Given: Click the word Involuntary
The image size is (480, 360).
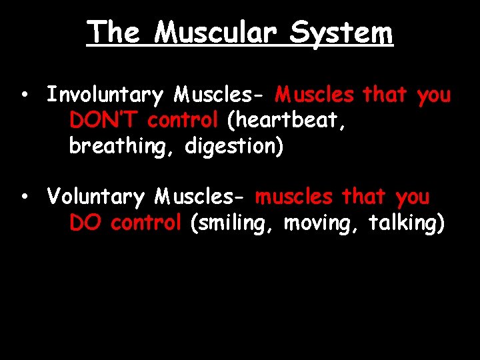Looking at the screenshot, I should (105, 96).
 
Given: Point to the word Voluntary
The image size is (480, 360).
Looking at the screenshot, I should (96, 197).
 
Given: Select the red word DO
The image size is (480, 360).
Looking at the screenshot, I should (85, 223).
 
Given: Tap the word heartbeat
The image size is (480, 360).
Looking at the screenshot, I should (286, 121).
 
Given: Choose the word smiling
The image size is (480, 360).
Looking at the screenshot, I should (233, 223).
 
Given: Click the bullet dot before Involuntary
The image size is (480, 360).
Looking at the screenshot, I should (23, 95).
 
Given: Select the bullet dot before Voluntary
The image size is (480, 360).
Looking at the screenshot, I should (23, 197).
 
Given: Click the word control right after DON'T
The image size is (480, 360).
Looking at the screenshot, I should (183, 121).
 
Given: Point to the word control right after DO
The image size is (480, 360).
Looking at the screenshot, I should (146, 223).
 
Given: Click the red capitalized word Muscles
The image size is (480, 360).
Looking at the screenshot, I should (315, 95).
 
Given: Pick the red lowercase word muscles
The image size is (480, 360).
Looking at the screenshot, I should (294, 197).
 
